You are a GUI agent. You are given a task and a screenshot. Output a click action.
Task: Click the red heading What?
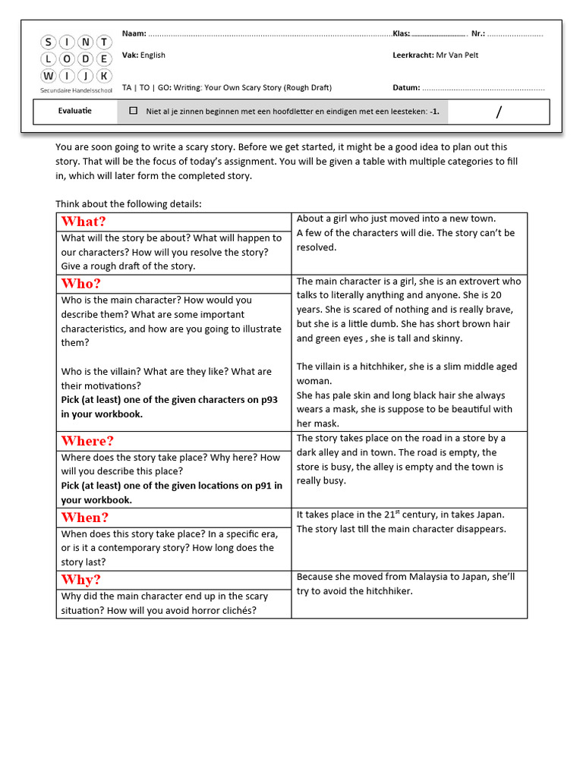click(84, 222)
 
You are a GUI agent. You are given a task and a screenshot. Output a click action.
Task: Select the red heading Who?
click(80, 284)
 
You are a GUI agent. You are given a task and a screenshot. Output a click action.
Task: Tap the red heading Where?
click(87, 441)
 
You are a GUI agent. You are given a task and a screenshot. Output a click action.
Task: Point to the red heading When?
click(85, 517)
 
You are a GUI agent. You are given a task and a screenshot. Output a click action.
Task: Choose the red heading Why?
click(80, 580)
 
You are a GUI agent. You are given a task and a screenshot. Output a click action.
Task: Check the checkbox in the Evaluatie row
click(134, 111)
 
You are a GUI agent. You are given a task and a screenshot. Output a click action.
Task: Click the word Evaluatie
click(74, 111)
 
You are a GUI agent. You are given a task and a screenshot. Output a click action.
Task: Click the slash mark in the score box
click(499, 113)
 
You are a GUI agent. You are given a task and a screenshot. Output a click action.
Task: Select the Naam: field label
click(134, 34)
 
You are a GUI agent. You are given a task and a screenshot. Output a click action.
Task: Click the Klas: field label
click(402, 34)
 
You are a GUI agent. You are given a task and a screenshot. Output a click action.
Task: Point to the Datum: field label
click(406, 87)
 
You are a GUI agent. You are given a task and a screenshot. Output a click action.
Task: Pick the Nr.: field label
click(478, 34)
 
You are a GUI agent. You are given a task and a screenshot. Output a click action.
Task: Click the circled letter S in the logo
click(49, 42)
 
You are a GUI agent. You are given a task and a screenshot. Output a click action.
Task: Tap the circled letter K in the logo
click(104, 75)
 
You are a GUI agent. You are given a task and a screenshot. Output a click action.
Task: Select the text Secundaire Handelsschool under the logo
click(76, 90)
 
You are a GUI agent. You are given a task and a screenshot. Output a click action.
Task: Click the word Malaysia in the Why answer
click(418, 577)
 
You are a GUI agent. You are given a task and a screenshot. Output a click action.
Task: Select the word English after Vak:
click(153, 55)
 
